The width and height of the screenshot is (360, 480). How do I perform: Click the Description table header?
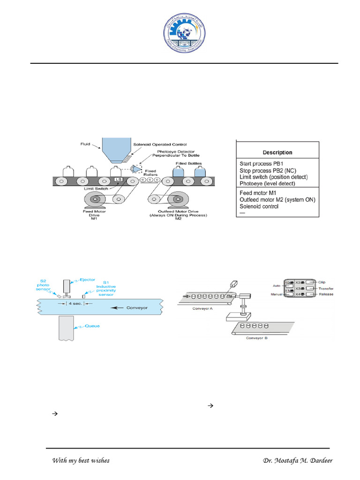(x=277, y=152)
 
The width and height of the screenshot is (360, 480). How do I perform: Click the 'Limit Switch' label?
(x=97, y=189)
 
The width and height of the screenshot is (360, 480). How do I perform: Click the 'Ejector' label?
(x=78, y=279)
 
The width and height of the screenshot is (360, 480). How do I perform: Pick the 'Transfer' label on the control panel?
(x=326, y=289)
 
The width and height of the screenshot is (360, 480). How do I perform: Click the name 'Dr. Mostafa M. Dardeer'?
(x=298, y=460)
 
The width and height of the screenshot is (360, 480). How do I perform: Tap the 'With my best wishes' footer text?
(x=81, y=460)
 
